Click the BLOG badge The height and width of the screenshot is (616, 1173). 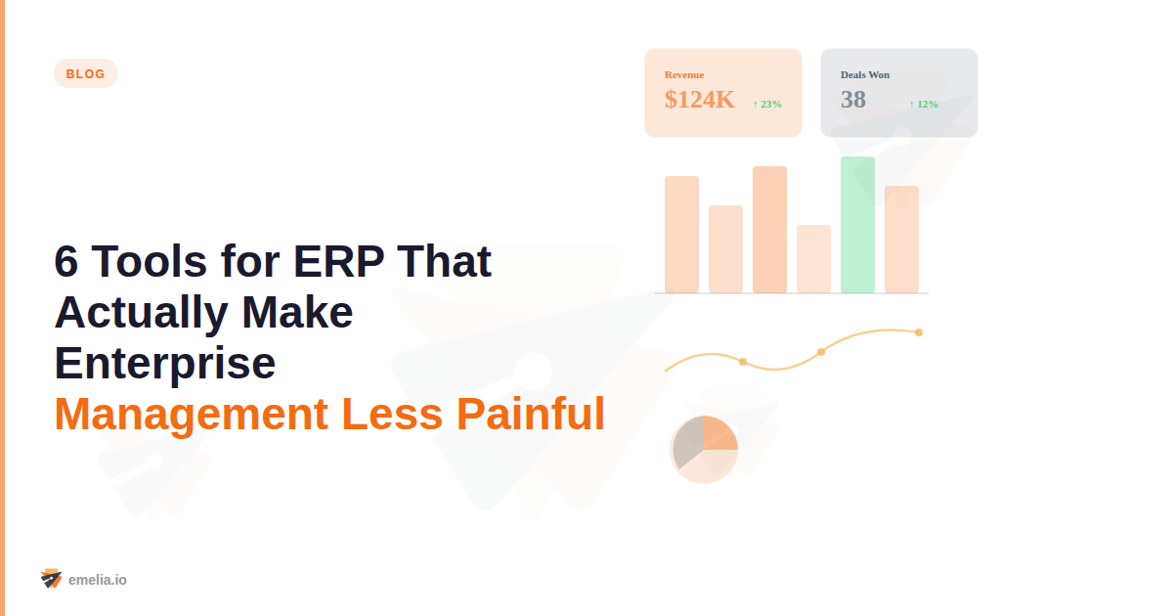coord(86,73)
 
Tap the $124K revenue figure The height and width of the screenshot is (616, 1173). coord(699,100)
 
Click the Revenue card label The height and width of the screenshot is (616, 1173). coord(684,74)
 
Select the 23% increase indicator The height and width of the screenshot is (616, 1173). coord(767,104)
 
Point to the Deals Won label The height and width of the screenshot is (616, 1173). coord(865,74)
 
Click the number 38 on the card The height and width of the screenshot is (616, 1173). coord(853,100)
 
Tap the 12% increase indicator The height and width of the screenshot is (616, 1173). coord(924,104)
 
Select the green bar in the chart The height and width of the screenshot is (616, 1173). coord(857,225)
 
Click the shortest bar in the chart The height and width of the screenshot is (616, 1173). coord(813,259)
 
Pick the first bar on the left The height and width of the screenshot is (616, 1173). coord(681,235)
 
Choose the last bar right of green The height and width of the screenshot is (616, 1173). coord(901,240)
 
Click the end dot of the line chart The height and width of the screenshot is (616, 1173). coord(919,332)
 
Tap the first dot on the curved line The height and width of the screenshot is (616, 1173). coord(743,362)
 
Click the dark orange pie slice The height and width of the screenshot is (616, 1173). coord(719,433)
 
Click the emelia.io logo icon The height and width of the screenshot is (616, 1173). coord(51,579)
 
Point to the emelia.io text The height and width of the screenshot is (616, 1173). coord(98,580)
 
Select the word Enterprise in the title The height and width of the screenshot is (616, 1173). coord(165,363)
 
